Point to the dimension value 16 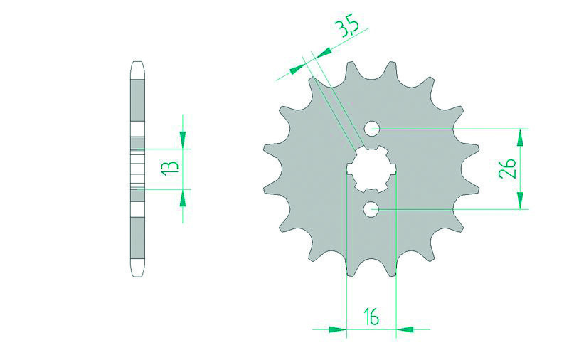pyautogui.click(x=372, y=315)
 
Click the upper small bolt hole pyautogui.click(x=371, y=129)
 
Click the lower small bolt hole pyautogui.click(x=371, y=209)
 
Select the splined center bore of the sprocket pyautogui.click(x=371, y=169)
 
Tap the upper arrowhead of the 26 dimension pyautogui.click(x=523, y=137)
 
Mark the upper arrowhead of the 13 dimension pyautogui.click(x=182, y=139)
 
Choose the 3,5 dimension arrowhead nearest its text pyautogui.click(x=322, y=53)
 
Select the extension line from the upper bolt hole pyautogui.click(x=455, y=129)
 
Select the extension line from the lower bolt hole pyautogui.click(x=455, y=209)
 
